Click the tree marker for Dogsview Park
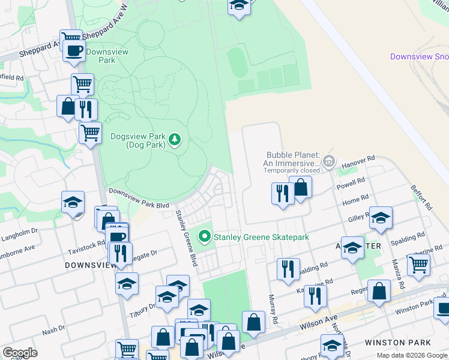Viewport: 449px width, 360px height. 175,140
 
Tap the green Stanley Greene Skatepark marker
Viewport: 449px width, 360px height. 205,237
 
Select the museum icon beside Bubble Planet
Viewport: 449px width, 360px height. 328,161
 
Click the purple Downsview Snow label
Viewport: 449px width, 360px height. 419,56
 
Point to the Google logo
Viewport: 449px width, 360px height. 20,352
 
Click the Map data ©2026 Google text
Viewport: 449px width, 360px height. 412,355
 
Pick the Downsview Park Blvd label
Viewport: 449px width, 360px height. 139,197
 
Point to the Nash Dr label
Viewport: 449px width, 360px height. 53,331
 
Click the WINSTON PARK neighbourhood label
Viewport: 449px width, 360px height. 397,343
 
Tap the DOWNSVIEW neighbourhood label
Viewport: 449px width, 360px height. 86,263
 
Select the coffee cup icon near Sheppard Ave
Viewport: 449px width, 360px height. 74,50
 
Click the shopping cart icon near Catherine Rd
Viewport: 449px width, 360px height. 418,263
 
